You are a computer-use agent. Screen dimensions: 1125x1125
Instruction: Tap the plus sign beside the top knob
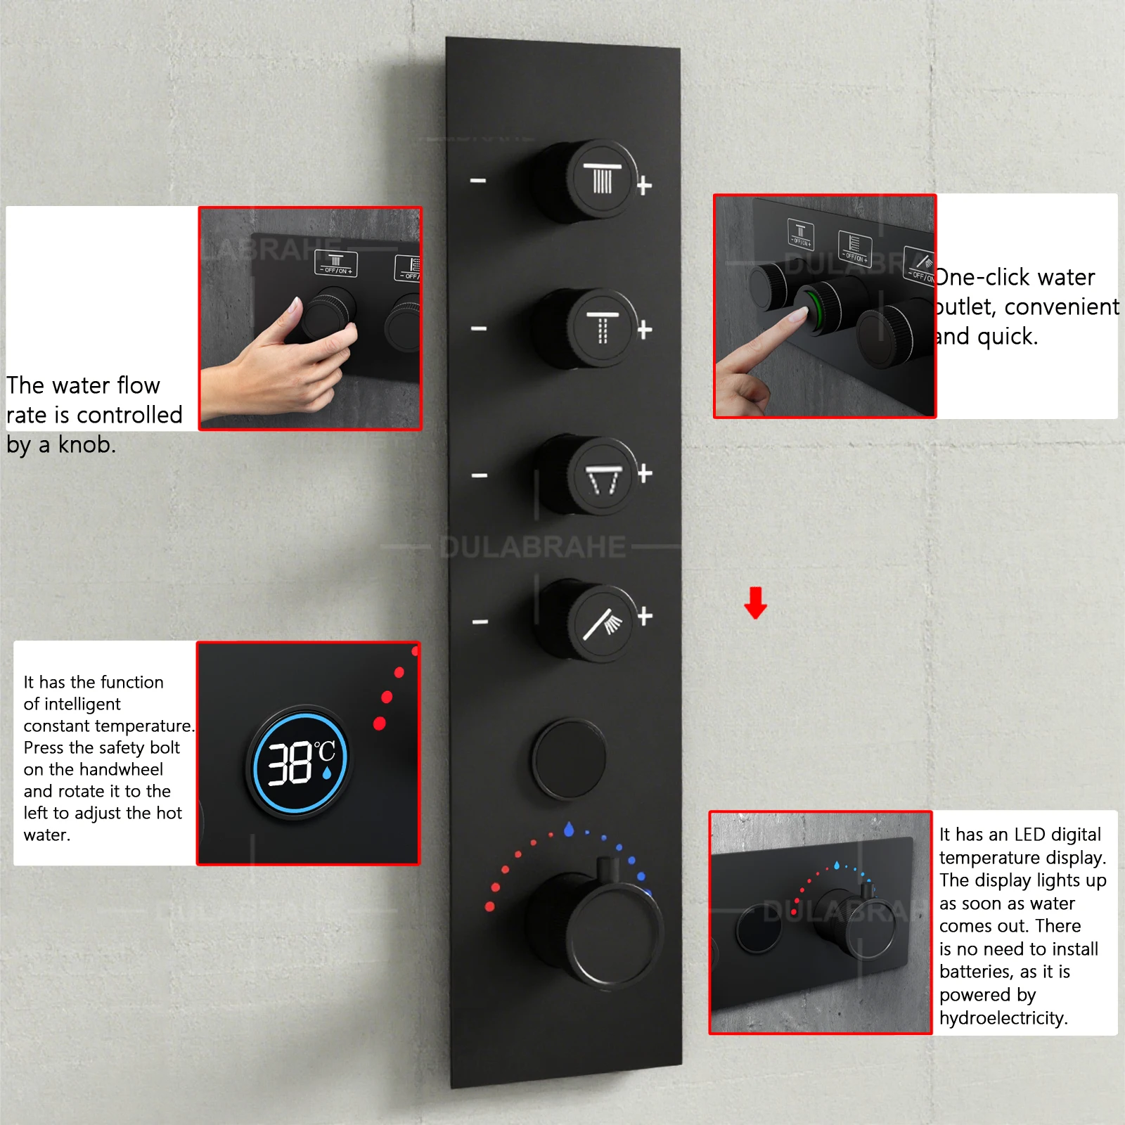[x=644, y=186]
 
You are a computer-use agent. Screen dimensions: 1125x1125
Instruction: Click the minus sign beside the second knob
[x=479, y=328]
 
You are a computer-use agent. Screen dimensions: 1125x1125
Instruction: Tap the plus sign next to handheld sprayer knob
[x=645, y=617]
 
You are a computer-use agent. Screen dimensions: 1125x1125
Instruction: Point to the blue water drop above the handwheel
[x=569, y=830]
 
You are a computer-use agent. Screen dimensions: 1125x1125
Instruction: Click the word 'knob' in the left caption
[x=86, y=445]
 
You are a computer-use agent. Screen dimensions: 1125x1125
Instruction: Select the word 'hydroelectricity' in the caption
[x=1003, y=1018]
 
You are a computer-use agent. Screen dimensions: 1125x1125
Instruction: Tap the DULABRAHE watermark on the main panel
[x=532, y=547]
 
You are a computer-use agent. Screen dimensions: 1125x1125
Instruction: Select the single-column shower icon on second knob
[x=603, y=327]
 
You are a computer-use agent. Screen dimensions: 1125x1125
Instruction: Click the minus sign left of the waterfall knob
[x=480, y=476]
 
